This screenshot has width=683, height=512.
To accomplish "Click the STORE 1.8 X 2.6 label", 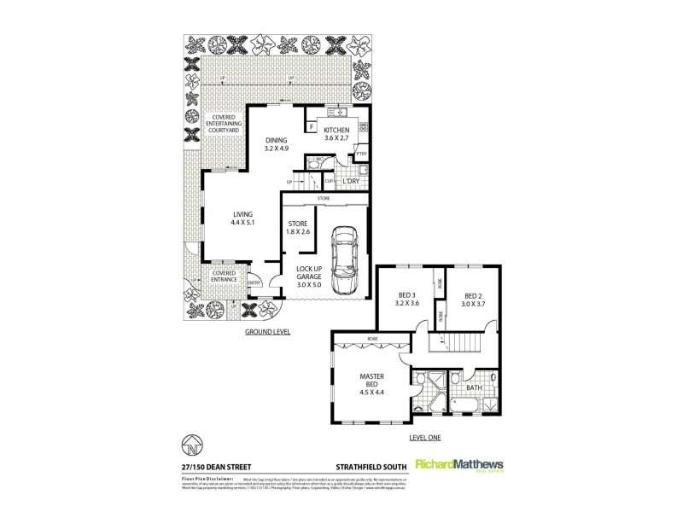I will tap(298, 229).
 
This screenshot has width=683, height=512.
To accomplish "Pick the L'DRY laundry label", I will tap(349, 182).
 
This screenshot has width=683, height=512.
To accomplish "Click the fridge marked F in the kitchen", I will tap(312, 129).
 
